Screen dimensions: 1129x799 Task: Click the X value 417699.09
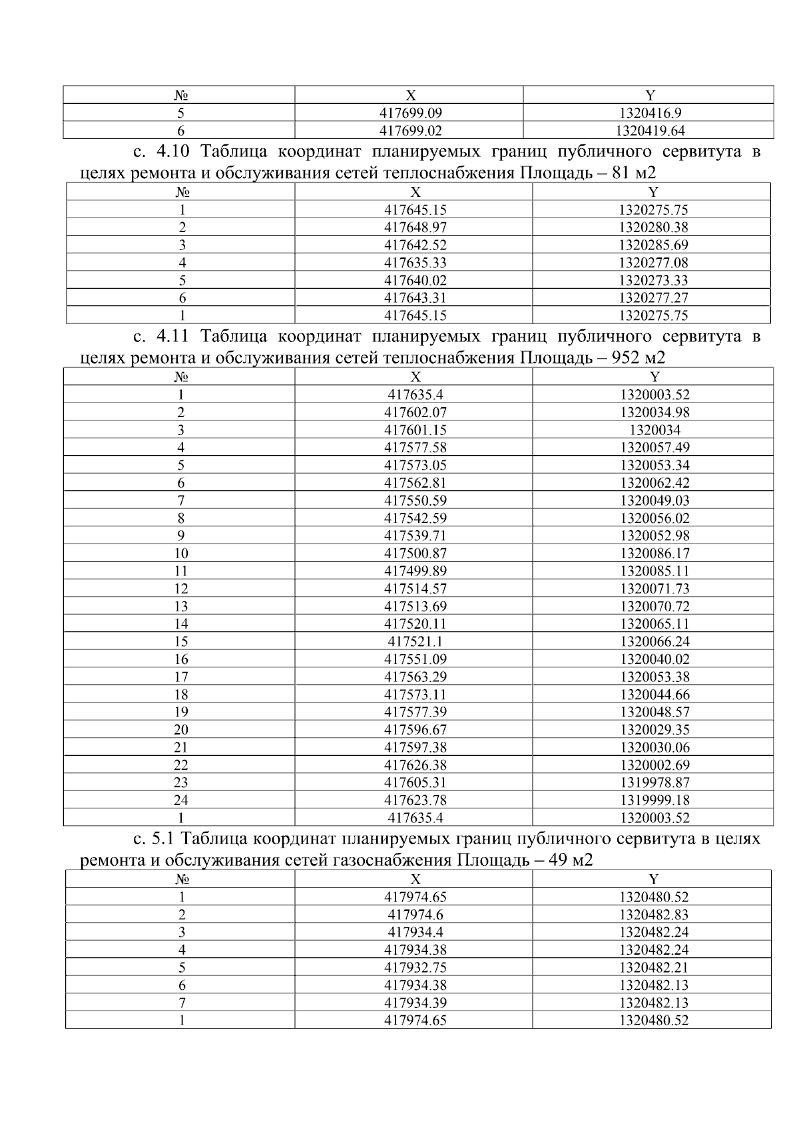click(x=410, y=113)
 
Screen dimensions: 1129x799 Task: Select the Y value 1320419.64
click(x=651, y=131)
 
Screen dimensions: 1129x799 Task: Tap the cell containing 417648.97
click(x=415, y=228)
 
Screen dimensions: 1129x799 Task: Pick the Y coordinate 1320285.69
click(x=653, y=245)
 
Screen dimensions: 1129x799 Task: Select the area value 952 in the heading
click(x=625, y=359)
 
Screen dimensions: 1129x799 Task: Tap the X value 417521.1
click(x=415, y=642)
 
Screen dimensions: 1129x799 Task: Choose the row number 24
click(x=180, y=800)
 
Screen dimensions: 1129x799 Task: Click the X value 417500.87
click(x=415, y=554)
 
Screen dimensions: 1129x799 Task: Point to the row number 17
click(x=180, y=677)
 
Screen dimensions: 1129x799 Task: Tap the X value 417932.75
click(x=415, y=968)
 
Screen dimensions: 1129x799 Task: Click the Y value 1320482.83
click(x=654, y=915)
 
